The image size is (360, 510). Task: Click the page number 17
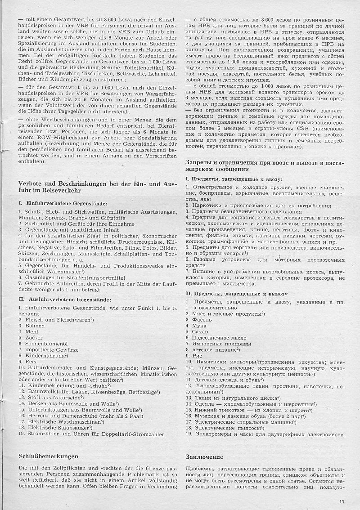(342, 501)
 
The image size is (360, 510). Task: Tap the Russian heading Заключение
(204, 456)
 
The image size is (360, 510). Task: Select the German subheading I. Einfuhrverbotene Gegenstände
(63, 204)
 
